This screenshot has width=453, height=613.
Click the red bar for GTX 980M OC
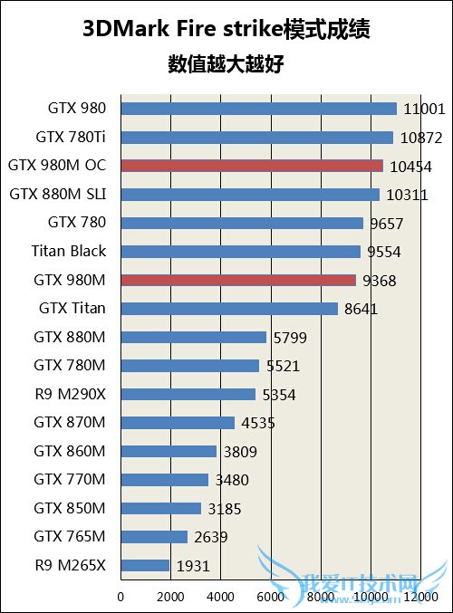pyautogui.click(x=251, y=166)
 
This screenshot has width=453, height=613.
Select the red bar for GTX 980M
pyautogui.click(x=237, y=280)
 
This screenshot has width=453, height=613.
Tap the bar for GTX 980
pyautogui.click(x=258, y=109)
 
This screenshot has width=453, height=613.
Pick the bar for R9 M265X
pyautogui.click(x=145, y=566)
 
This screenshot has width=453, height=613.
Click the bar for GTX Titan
pyautogui.click(x=228, y=309)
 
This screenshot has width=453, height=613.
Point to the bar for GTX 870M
pyautogui.click(x=178, y=423)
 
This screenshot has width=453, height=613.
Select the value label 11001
pyautogui.click(x=424, y=110)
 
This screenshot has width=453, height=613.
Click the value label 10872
pyautogui.click(x=419, y=138)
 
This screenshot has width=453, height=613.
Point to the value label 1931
pyautogui.click(x=192, y=566)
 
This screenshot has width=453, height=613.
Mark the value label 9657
pyautogui.click(x=385, y=224)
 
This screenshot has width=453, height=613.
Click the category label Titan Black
pyautogui.click(x=68, y=251)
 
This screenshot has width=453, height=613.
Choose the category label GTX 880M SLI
pyautogui.click(x=57, y=194)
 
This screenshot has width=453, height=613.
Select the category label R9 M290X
pyautogui.click(x=69, y=394)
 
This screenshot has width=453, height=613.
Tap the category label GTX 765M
pyautogui.click(x=70, y=537)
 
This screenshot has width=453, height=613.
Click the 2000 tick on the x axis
pyautogui.click(x=170, y=597)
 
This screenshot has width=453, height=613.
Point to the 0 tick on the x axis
pyautogui.click(x=120, y=597)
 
